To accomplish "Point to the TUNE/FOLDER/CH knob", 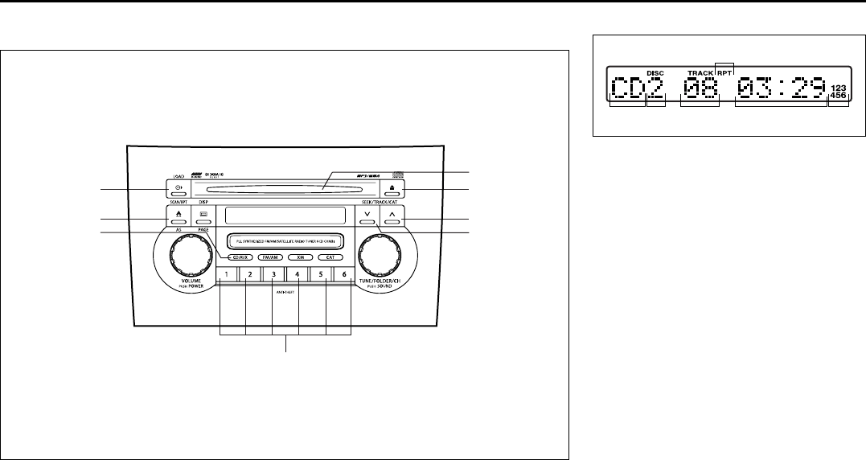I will [x=380, y=257].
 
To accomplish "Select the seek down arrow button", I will [x=367, y=217].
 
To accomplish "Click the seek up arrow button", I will [x=392, y=217].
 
